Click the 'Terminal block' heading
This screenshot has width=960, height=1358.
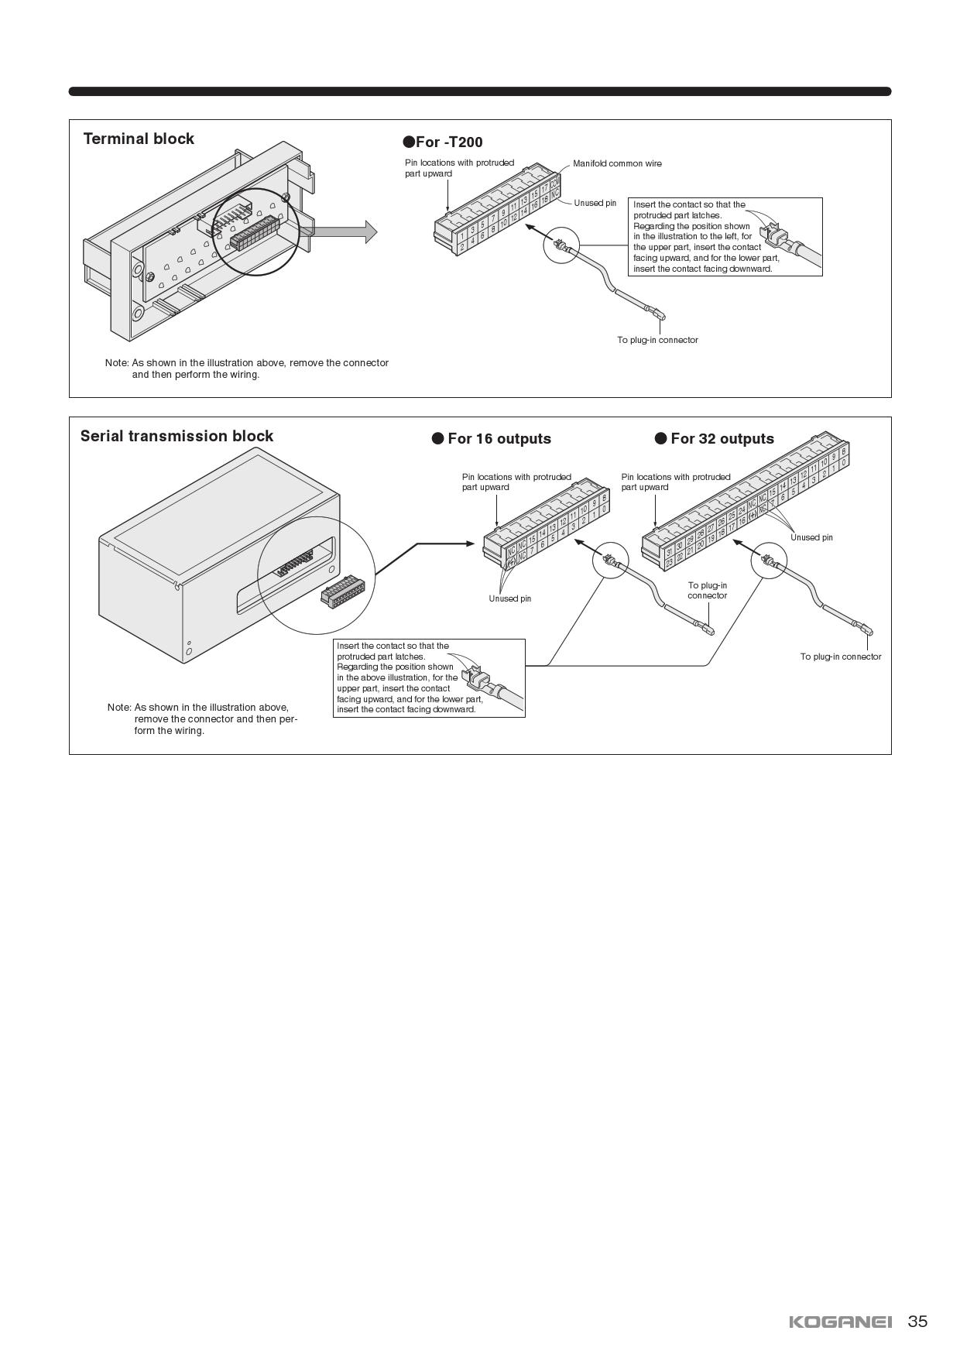pos(139,139)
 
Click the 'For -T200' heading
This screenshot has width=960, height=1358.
pos(443,142)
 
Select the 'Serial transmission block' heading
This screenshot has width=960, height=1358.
pos(177,436)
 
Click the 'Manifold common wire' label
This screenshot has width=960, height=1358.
pos(617,164)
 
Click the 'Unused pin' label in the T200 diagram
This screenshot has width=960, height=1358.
pos(595,204)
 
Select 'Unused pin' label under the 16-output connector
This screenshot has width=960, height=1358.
pos(509,599)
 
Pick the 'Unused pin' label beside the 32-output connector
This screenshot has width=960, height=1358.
pos(811,538)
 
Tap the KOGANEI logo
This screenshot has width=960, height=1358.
pos(840,1322)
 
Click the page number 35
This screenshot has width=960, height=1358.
pos(917,1322)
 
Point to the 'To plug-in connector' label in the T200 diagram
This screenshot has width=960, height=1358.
pos(657,341)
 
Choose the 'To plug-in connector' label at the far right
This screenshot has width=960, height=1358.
pos(840,657)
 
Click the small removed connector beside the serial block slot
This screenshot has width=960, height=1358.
pos(342,592)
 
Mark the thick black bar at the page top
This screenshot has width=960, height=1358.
pos(480,91)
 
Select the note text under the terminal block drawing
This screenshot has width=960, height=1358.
pos(247,369)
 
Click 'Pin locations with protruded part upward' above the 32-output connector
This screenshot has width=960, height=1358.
pos(675,482)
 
